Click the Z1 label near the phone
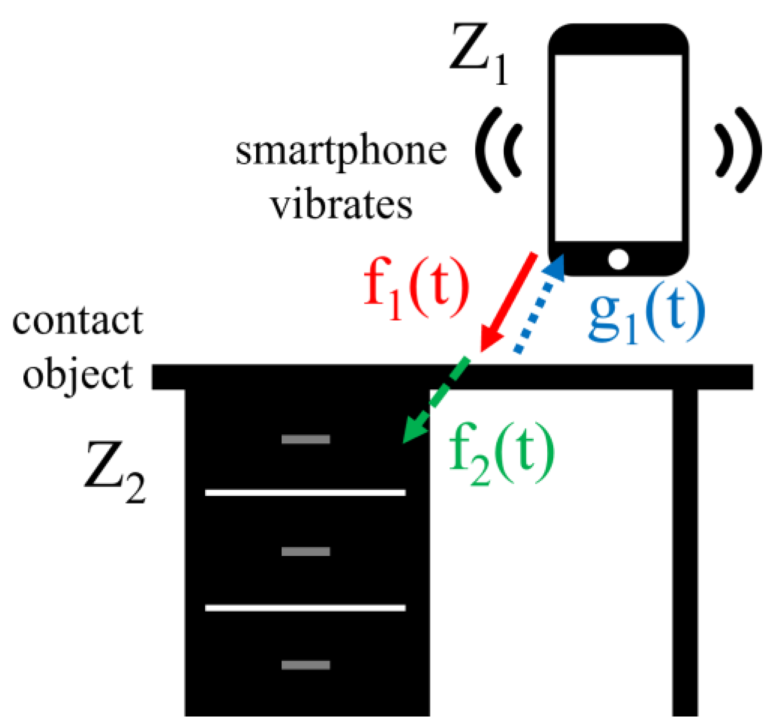click(x=478, y=54)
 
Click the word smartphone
click(x=341, y=151)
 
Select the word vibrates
click(x=342, y=205)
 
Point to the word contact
click(x=77, y=321)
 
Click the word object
click(x=78, y=375)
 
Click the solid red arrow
click(x=508, y=303)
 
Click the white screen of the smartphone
click(x=618, y=148)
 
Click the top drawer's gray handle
click(x=306, y=439)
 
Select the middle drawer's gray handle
click(x=306, y=551)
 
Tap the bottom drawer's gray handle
click(x=306, y=665)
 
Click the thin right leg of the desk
click(x=685, y=549)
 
